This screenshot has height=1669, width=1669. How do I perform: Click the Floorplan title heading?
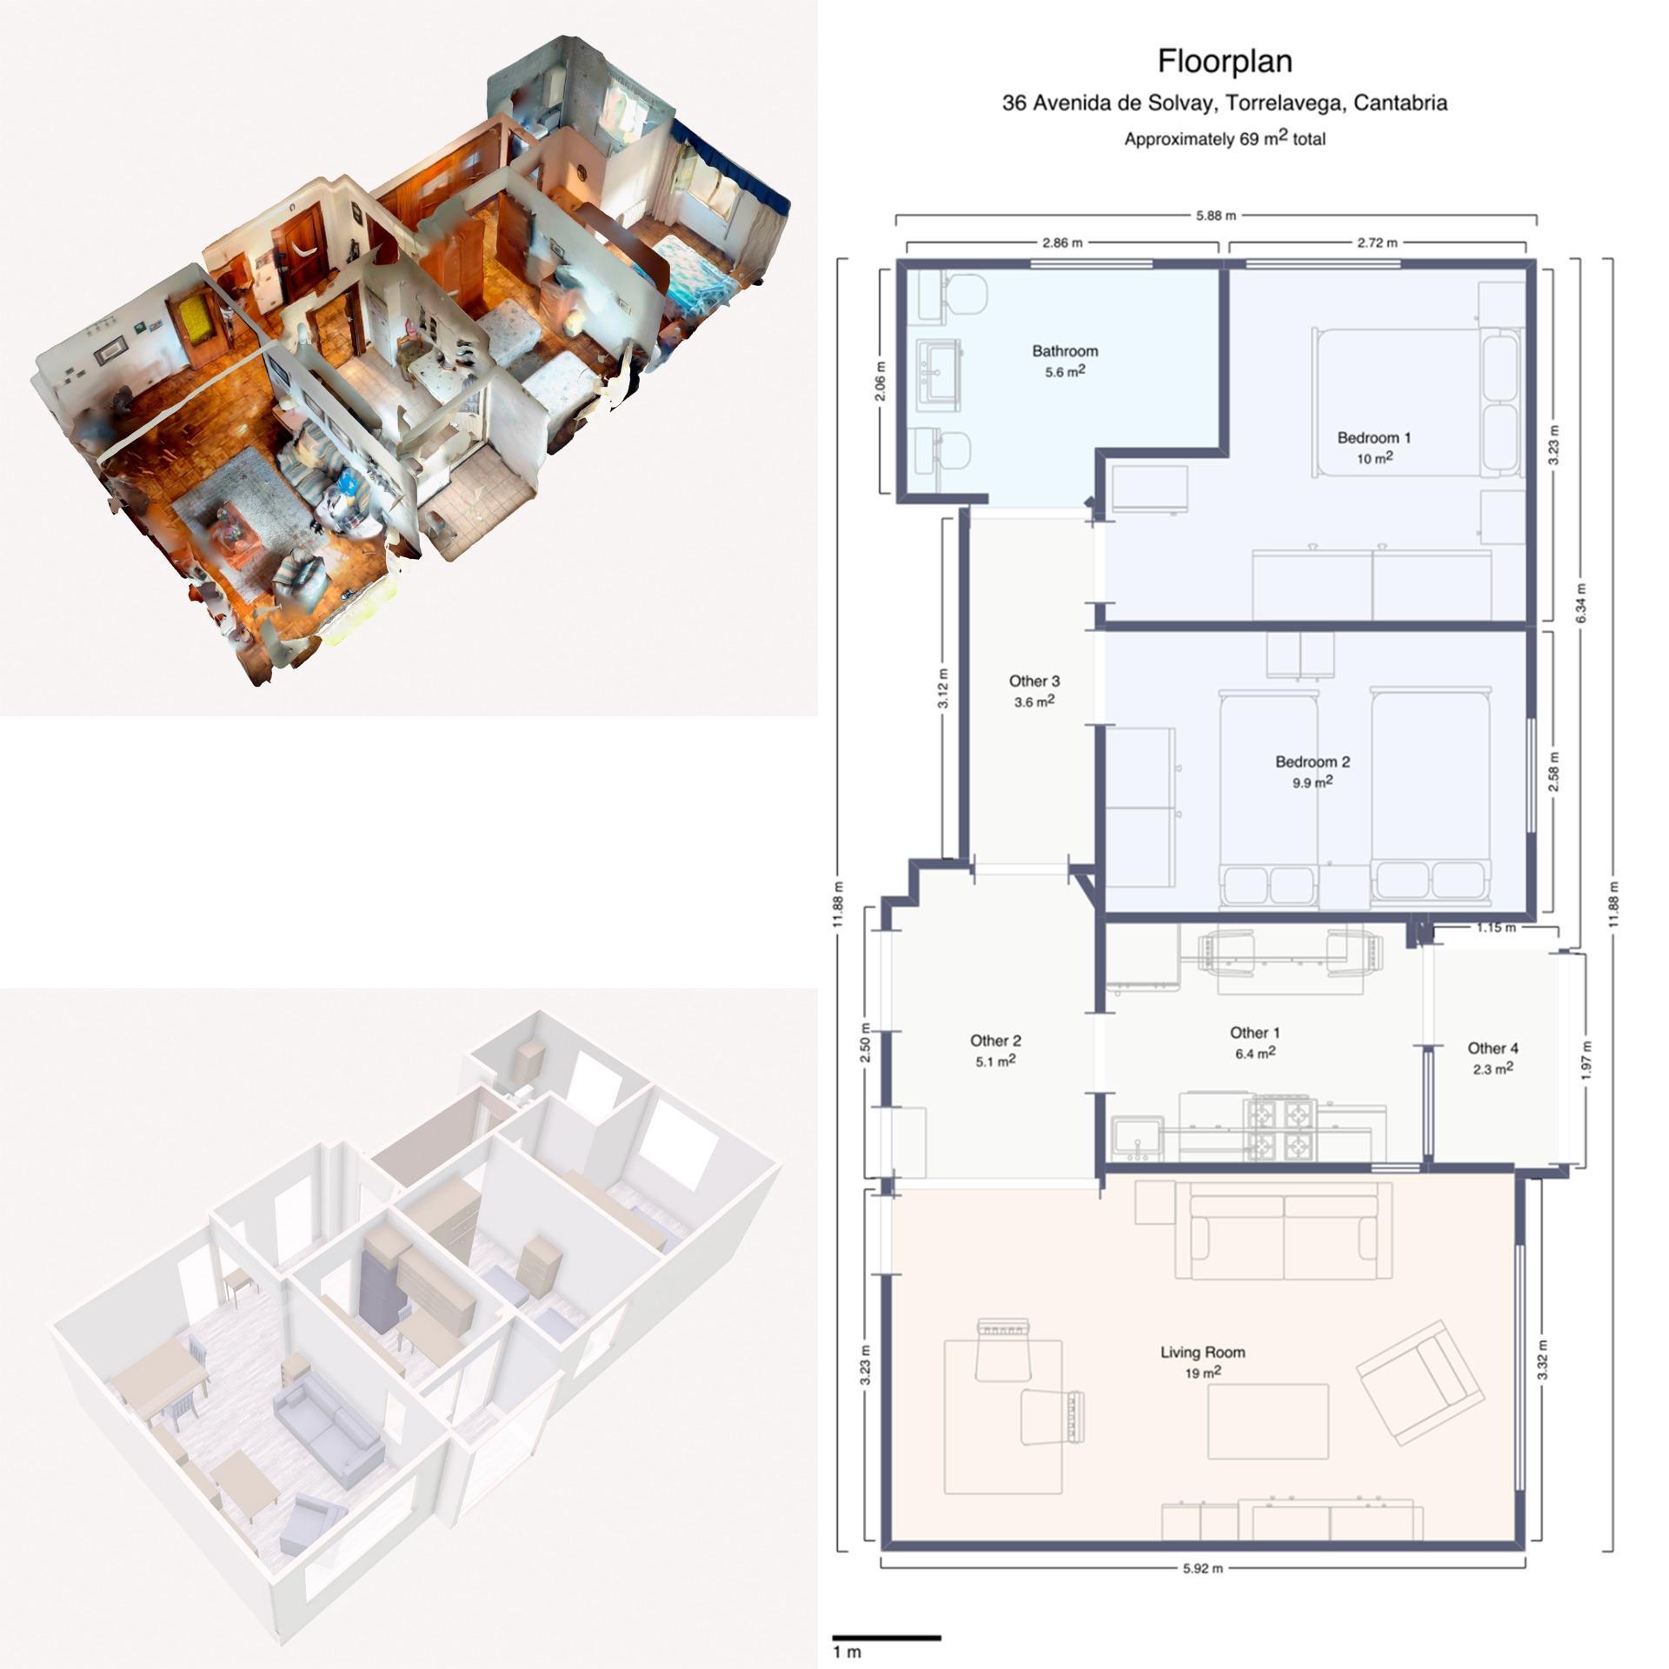click(x=1224, y=61)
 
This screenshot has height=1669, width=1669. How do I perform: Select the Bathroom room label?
click(x=1064, y=351)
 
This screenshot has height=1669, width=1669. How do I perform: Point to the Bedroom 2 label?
click(x=1312, y=761)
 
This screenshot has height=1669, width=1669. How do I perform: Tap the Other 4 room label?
click(x=1493, y=1048)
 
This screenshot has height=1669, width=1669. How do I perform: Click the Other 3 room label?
click(x=1034, y=682)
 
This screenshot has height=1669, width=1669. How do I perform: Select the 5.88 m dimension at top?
click(x=1215, y=216)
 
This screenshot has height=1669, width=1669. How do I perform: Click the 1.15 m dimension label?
click(x=1496, y=928)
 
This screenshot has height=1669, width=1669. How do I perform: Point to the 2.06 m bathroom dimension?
click(x=881, y=382)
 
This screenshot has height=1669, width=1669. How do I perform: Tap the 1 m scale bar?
click(x=887, y=1638)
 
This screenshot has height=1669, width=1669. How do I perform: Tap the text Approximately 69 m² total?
click(x=1224, y=138)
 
